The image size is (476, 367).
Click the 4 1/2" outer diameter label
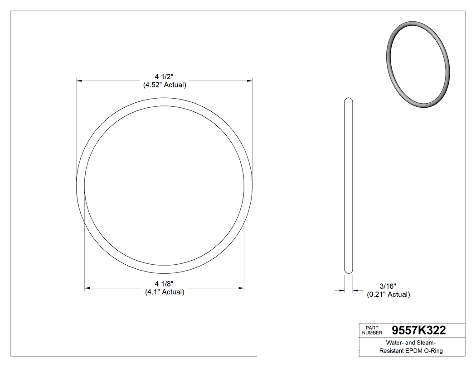(x=165, y=76)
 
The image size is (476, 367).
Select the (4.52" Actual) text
(x=165, y=85)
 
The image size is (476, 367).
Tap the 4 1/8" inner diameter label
(x=165, y=284)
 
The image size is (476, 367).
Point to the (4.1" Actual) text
(x=165, y=292)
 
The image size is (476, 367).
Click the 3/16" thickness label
(x=388, y=286)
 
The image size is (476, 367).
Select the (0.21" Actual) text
(x=388, y=295)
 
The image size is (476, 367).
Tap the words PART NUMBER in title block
(x=372, y=330)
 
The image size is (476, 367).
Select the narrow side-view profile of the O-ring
(x=348, y=186)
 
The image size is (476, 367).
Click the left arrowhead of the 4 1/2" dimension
(x=79, y=81)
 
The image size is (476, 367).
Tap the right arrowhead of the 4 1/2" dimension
(x=249, y=81)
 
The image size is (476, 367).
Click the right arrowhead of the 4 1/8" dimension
(x=241, y=288)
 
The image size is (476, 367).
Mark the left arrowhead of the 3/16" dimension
(x=342, y=291)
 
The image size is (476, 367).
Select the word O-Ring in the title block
(x=434, y=351)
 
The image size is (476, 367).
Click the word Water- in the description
(x=396, y=342)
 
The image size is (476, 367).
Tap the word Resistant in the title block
(x=393, y=351)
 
